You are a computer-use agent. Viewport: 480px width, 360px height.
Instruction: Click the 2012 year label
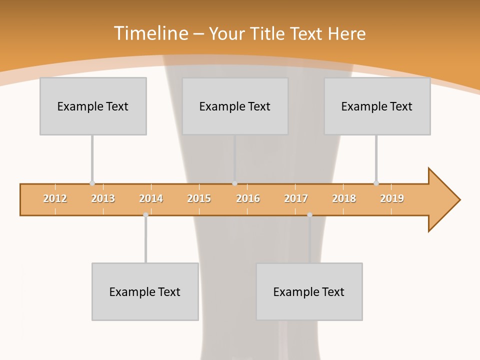point(55,198)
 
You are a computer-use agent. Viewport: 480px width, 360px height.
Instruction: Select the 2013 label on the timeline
point(103,198)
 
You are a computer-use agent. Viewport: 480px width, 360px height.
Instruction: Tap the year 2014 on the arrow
point(151,198)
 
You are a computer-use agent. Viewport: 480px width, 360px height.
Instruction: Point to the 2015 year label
point(199,198)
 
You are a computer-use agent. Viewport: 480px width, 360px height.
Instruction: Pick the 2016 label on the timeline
point(248,198)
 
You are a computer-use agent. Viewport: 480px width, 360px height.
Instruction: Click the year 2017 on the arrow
point(296,198)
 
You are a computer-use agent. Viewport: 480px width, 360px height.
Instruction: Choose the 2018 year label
point(344,198)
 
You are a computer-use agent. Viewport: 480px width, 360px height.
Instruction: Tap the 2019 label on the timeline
point(392,198)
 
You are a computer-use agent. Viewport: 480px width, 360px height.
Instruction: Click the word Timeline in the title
point(150,33)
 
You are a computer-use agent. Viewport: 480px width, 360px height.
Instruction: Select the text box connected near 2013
point(93,106)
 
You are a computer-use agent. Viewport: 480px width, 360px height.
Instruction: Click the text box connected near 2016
point(235,106)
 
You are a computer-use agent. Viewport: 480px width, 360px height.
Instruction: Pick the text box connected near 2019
point(377,106)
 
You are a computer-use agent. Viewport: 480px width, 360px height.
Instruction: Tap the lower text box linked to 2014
point(145,291)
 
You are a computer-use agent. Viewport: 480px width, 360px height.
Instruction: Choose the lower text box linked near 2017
point(309,291)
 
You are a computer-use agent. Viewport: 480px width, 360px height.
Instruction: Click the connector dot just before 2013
point(92,183)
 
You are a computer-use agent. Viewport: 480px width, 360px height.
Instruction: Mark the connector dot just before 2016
point(235,183)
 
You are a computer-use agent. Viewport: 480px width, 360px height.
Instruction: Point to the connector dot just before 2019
point(376,183)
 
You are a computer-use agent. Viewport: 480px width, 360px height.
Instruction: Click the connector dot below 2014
point(145,214)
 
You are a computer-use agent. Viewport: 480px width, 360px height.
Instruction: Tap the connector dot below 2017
point(309,214)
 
